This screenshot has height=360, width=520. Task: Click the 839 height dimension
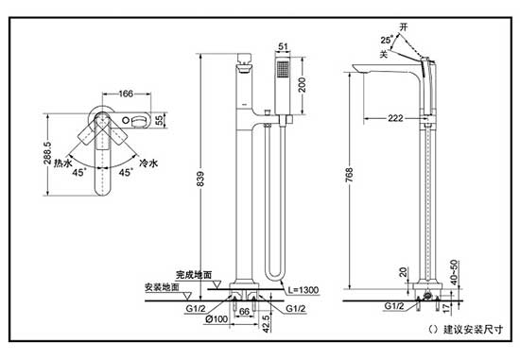click(200, 179)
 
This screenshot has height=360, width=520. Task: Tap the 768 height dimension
click(350, 175)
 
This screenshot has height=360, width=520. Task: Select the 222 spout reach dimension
click(395, 118)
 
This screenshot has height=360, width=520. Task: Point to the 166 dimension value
click(126, 94)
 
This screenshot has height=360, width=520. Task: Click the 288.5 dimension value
click(47, 153)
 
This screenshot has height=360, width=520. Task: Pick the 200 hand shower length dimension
click(302, 84)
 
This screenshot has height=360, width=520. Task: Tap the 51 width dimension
click(283, 46)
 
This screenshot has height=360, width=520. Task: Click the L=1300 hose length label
click(303, 290)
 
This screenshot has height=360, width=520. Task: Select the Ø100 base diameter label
click(217, 319)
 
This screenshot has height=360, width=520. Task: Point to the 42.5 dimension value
click(267, 323)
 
